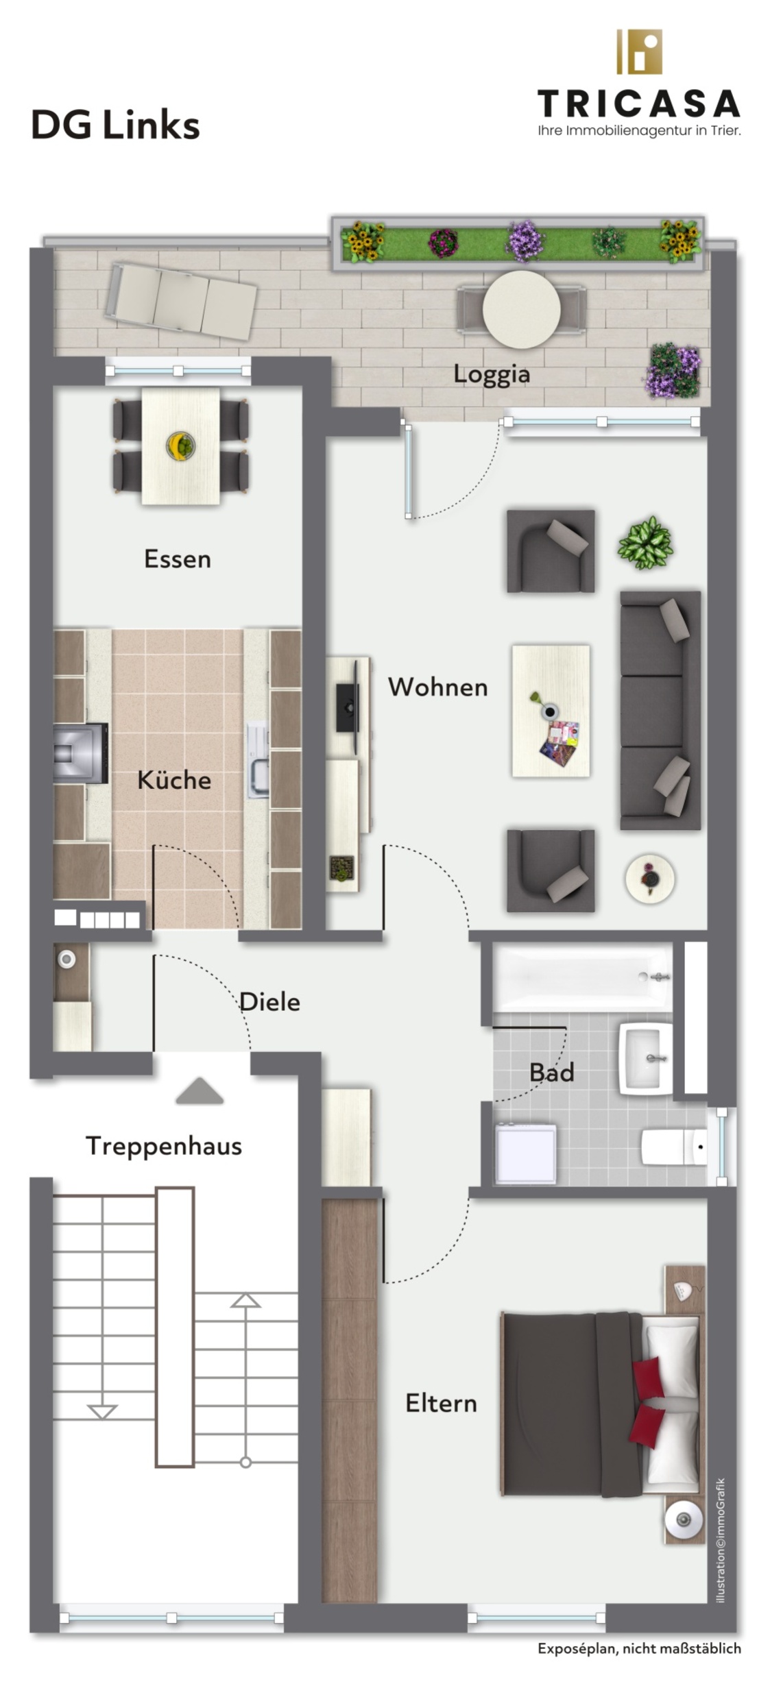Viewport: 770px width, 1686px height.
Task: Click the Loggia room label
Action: (491, 374)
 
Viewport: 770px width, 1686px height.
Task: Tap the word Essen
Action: (177, 559)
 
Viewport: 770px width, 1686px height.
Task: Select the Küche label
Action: (173, 779)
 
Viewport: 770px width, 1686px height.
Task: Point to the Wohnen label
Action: (437, 687)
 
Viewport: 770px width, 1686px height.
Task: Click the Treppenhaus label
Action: (164, 1147)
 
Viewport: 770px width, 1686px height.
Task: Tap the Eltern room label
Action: (441, 1403)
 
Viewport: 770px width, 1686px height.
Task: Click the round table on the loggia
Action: (521, 309)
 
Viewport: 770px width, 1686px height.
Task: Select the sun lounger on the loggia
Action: (181, 301)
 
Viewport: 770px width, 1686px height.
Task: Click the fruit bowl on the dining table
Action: (180, 445)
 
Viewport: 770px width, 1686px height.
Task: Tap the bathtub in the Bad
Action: (583, 977)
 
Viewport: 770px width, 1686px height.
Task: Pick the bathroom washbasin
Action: (645, 1058)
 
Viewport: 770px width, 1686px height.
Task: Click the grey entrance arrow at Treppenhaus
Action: (200, 1091)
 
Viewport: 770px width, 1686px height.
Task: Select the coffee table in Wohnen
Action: (551, 711)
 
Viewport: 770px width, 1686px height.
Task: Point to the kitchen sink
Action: (259, 759)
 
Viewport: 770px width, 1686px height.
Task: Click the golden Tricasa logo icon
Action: (639, 51)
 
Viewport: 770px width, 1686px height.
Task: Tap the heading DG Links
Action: (115, 125)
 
